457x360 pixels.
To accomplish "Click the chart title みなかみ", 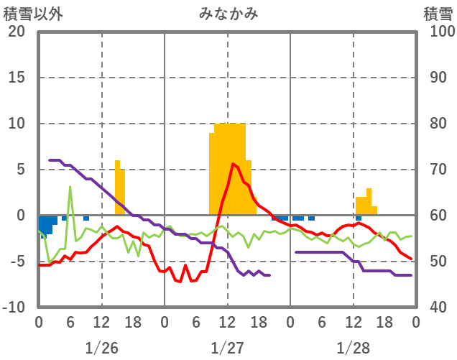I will point(228,13).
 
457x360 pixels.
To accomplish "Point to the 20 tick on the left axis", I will point(16,32).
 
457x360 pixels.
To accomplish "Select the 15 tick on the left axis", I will point(16,78).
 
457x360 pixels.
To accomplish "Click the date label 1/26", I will point(101,348).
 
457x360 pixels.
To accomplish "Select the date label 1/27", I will point(227,348).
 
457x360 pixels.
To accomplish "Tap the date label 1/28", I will point(353,348).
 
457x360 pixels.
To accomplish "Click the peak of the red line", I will point(233,164).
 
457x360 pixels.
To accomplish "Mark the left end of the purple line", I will point(50,160).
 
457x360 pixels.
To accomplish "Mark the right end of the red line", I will point(410,258).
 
